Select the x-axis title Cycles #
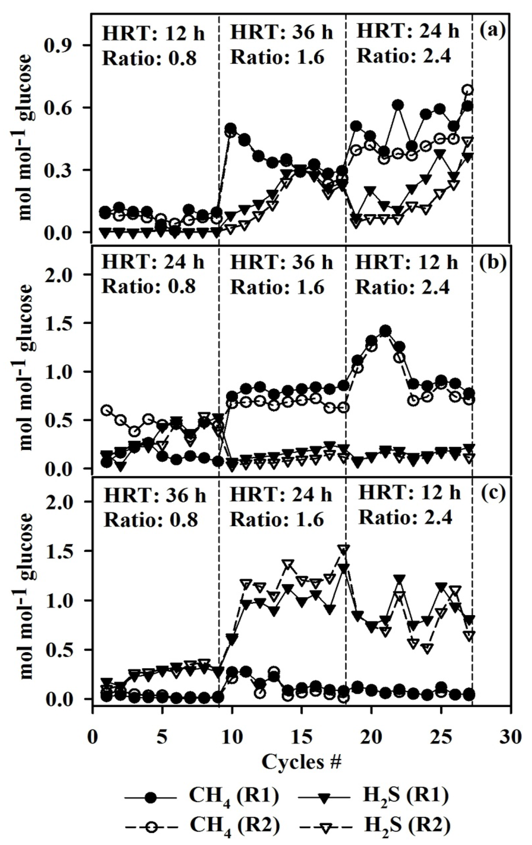pyautogui.click(x=301, y=762)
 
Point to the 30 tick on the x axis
pyautogui.click(x=511, y=737)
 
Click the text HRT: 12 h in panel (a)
pyautogui.click(x=153, y=34)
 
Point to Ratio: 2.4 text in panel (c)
pyautogui.click(x=405, y=517)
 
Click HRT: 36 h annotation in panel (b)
pyautogui.click(x=281, y=263)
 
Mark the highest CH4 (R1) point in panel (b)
pyautogui.click(x=385, y=331)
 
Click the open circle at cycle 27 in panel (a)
pyautogui.click(x=468, y=90)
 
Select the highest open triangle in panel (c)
pyautogui.click(x=343, y=550)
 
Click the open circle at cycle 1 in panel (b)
pyautogui.click(x=107, y=410)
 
